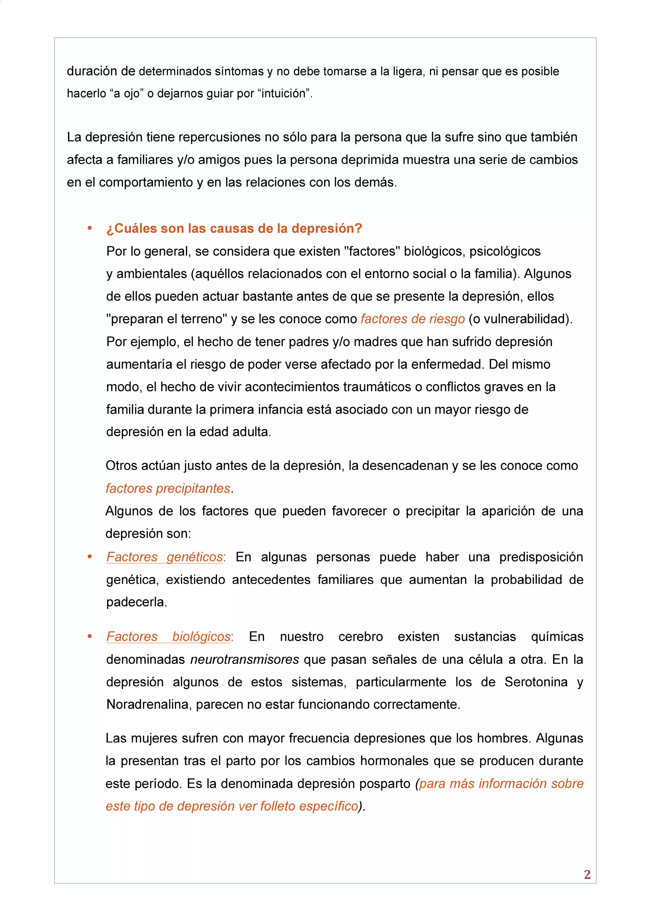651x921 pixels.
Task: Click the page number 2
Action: [587, 874]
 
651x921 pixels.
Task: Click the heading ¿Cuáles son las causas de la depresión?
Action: [234, 228]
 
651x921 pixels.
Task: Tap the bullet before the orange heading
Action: [90, 228]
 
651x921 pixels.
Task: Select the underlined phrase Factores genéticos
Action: [164, 557]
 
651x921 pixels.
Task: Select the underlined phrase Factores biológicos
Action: [169, 636]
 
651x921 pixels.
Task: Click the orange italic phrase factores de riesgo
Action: [412, 319]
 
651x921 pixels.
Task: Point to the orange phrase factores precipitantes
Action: [168, 488]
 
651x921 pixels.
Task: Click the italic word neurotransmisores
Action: [244, 659]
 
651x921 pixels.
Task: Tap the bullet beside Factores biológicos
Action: [90, 637]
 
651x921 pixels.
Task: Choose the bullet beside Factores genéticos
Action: [90, 557]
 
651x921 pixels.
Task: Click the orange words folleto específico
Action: [308, 806]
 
